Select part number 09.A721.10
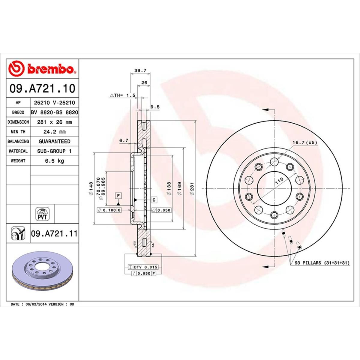(x=42, y=88)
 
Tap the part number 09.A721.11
(x=54, y=233)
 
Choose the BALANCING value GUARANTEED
(x=54, y=141)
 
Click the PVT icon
(x=42, y=214)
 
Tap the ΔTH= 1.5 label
(x=123, y=95)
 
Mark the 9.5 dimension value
(x=155, y=106)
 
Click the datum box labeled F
(x=119, y=196)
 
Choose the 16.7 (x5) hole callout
(x=304, y=143)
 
